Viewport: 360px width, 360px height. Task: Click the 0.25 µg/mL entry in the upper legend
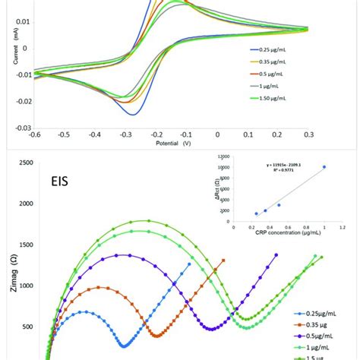point(274,51)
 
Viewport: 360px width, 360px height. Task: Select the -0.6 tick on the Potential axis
point(34,134)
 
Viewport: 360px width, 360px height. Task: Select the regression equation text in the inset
point(282,163)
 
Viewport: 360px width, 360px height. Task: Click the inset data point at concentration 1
point(324,167)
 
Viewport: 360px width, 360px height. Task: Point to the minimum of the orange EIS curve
point(156,335)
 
